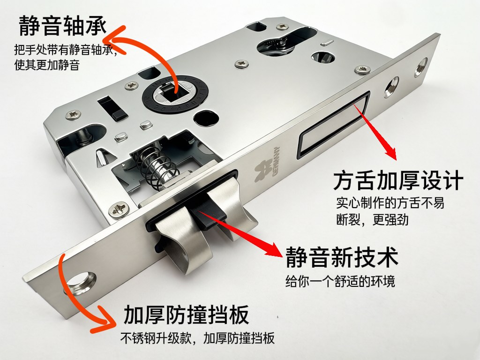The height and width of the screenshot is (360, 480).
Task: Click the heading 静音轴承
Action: pos(62,26)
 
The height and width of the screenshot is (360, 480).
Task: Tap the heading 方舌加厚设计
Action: pos(398,181)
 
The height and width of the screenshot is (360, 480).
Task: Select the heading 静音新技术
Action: pos(342,257)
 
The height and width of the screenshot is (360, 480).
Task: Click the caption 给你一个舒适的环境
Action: pos(340,281)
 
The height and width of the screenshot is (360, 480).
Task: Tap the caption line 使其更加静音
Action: pos(47,65)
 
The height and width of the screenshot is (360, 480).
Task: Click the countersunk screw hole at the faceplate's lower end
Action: pos(80,282)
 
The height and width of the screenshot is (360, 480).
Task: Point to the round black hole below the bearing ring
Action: pos(207,118)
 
